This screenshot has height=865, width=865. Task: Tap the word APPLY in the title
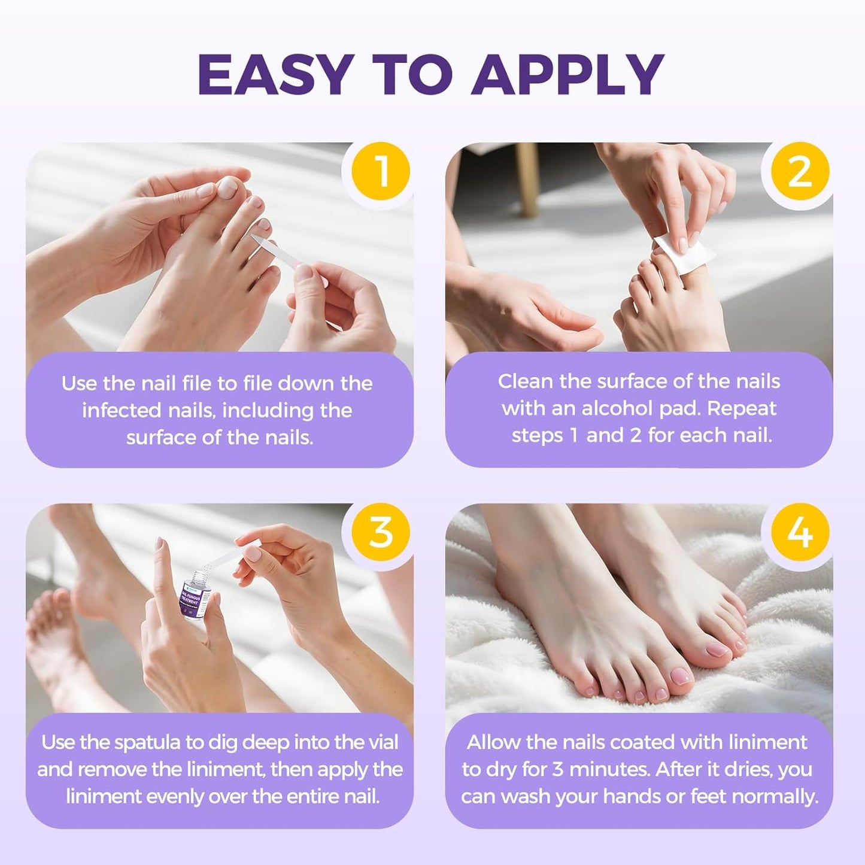coord(567,75)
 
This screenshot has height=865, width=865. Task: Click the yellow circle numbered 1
coord(380,171)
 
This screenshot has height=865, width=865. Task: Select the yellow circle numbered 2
coord(800,171)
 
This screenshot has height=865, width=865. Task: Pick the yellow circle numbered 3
coord(380,532)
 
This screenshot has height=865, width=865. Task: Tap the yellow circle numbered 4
coord(800,532)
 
